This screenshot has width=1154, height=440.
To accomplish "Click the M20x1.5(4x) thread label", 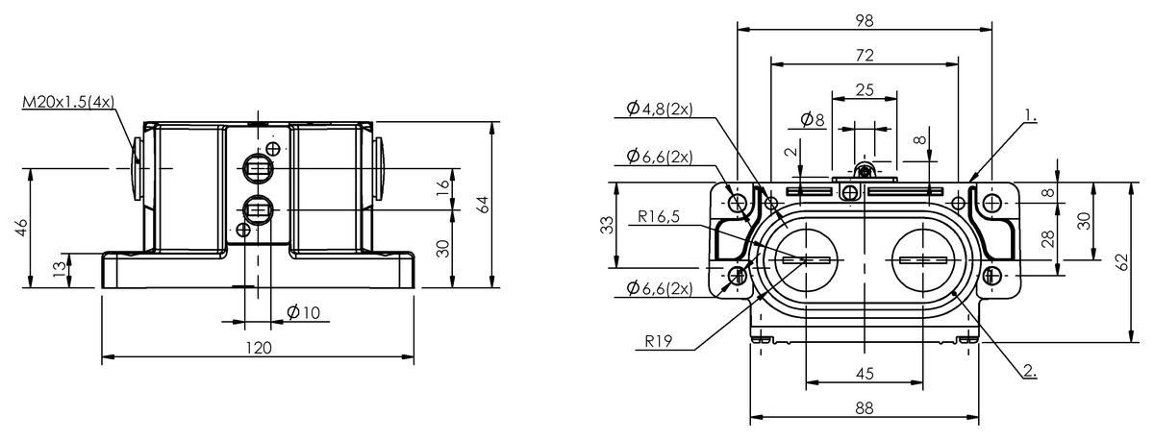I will pos(68,101).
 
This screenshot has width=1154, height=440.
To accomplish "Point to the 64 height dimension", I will pos(484,204).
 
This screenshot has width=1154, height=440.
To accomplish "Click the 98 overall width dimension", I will pos(865,19).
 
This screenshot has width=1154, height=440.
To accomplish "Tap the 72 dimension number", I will pos(865,54).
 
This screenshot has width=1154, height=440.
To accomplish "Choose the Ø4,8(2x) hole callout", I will pos(660,110).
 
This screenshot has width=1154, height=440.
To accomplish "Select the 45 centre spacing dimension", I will pos(865,373).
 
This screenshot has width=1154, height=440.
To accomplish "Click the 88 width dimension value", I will pos(865,407).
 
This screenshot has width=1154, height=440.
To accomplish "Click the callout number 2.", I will pos(1029,368).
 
